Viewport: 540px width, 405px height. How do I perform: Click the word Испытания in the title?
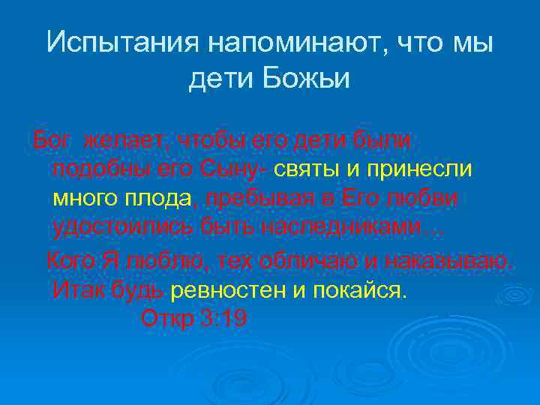119,43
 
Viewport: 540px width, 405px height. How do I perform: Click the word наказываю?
450,262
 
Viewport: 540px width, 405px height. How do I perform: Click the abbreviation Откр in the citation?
168,319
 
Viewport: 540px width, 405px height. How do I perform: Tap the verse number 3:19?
224,319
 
